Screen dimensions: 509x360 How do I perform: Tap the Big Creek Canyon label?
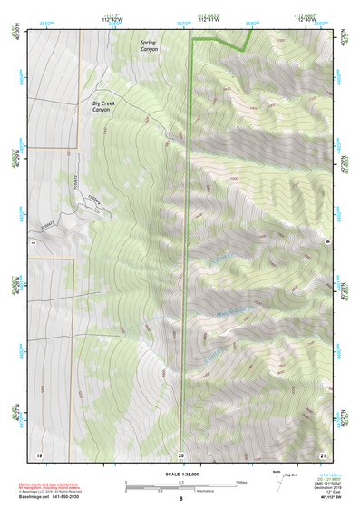[x=106, y=109]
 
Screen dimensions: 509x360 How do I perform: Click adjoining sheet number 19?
[x=38, y=454]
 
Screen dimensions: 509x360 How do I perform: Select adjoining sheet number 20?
[x=180, y=454]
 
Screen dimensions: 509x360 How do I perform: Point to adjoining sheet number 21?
[x=323, y=454]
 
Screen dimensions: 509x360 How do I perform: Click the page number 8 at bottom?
[x=180, y=499]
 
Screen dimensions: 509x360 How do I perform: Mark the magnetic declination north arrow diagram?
[x=278, y=483]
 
